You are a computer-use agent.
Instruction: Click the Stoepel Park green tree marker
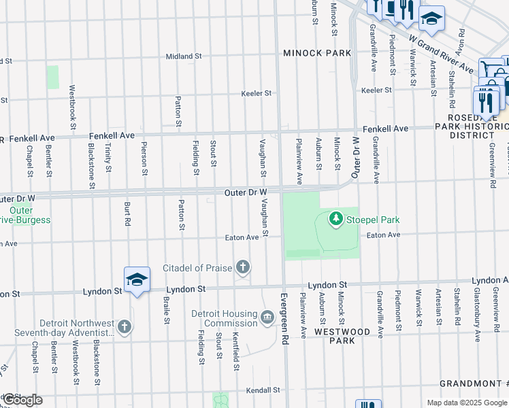pyautogui.click(x=335, y=219)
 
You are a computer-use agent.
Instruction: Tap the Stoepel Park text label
pyautogui.click(x=372, y=220)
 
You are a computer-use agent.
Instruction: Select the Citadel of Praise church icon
pyautogui.click(x=242, y=267)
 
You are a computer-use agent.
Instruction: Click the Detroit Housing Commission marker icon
pyautogui.click(x=267, y=316)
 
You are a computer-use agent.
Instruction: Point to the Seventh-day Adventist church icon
pyautogui.click(x=124, y=327)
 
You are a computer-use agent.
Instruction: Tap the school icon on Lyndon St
pyautogui.click(x=137, y=280)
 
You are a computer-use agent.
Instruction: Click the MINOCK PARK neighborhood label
pyautogui.click(x=317, y=53)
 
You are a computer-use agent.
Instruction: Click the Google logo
pyautogui.click(x=22, y=400)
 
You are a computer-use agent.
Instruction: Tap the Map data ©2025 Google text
pyautogui.click(x=465, y=403)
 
